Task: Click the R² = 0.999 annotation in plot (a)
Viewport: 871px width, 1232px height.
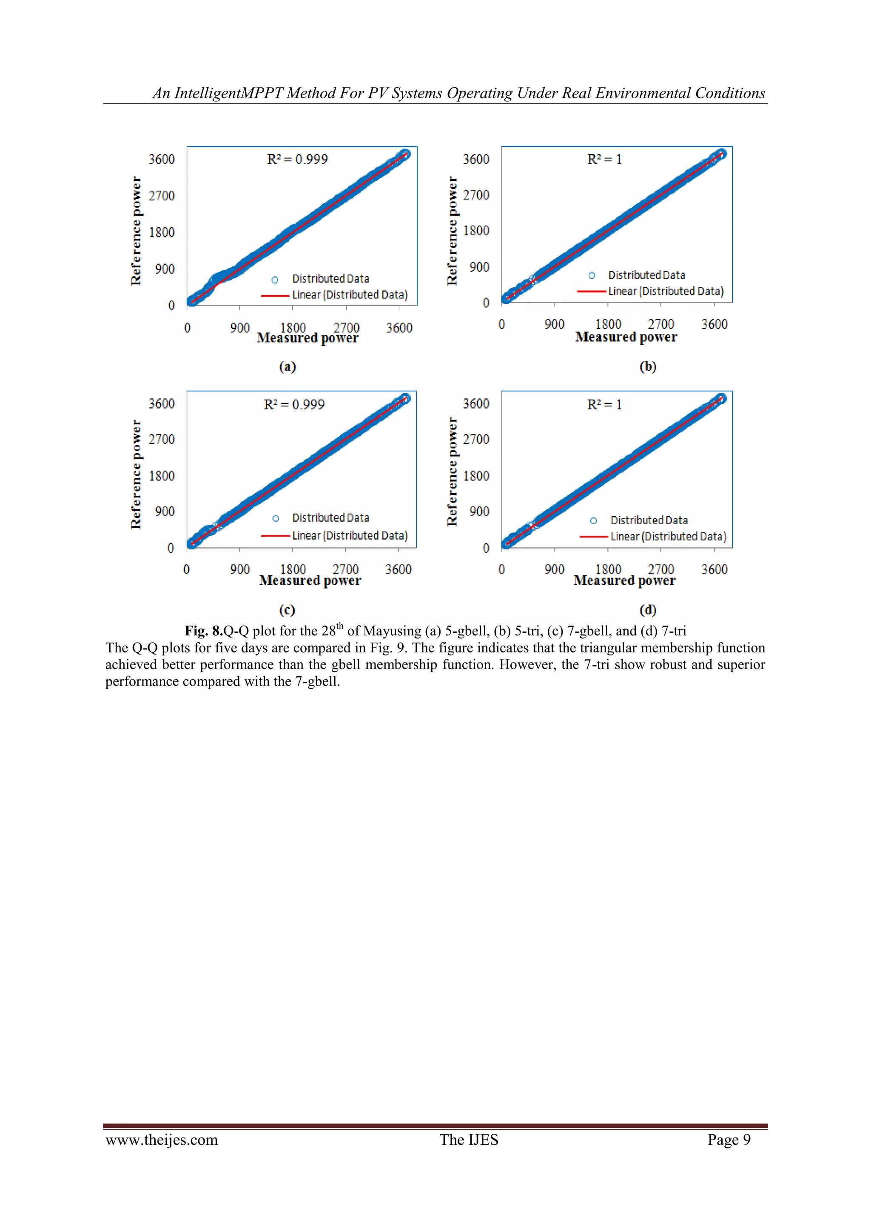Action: point(297,159)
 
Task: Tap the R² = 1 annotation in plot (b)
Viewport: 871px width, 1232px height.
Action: point(604,159)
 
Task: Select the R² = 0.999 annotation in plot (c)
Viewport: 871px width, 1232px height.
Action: point(294,405)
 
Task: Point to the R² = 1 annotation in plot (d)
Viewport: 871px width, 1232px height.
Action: point(604,405)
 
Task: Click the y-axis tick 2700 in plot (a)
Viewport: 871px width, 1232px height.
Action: point(162,196)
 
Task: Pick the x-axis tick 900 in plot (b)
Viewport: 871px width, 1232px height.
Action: point(554,325)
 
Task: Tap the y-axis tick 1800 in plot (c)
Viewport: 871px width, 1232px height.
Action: point(162,476)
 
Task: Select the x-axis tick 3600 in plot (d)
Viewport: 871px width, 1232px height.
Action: point(714,569)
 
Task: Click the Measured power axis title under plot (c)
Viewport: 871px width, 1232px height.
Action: point(310,580)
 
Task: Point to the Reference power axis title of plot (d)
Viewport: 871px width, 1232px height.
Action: point(452,472)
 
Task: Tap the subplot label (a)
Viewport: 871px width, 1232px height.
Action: point(287,366)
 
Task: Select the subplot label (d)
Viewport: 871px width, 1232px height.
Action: point(648,610)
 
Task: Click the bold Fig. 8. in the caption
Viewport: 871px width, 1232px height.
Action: point(204,631)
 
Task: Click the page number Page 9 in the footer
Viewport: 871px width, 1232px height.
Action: point(729,1140)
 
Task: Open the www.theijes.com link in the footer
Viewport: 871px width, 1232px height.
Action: point(162,1140)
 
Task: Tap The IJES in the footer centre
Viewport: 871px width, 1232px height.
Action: point(469,1140)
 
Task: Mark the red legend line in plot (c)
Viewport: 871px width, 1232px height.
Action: point(275,535)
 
